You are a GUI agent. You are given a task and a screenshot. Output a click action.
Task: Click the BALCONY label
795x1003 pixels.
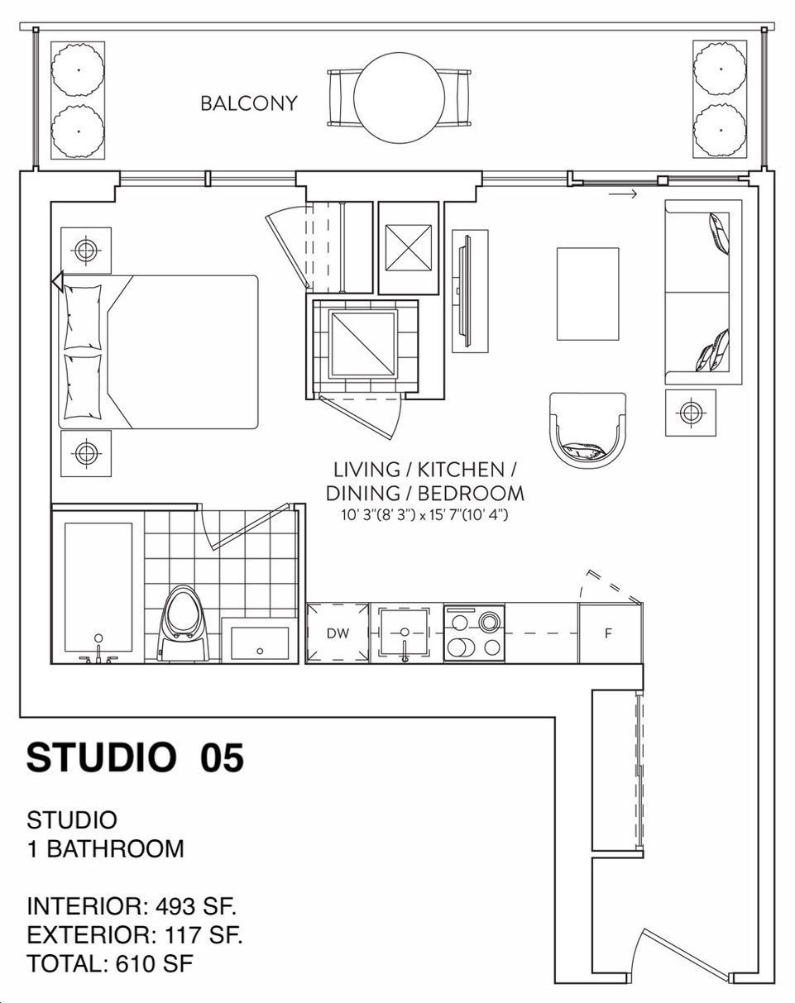click(248, 103)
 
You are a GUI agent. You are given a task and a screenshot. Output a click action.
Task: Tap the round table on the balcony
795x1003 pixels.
click(399, 98)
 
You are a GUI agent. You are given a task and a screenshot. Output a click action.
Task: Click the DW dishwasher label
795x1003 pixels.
click(338, 633)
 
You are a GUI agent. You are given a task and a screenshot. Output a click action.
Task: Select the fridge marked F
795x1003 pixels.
click(611, 633)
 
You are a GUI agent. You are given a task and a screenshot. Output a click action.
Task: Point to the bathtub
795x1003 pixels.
click(98, 587)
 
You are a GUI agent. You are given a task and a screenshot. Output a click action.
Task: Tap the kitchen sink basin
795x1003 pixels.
click(405, 633)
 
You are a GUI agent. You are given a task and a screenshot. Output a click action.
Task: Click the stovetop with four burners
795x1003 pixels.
click(474, 633)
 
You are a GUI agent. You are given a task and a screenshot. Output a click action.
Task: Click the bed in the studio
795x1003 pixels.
click(158, 352)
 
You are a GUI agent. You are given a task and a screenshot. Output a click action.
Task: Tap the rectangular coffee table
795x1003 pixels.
click(588, 294)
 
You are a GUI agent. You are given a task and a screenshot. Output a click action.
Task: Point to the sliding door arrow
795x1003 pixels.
click(623, 193)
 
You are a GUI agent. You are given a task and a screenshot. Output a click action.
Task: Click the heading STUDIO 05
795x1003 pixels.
click(135, 759)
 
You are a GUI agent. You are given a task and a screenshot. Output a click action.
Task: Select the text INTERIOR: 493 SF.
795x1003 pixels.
click(132, 906)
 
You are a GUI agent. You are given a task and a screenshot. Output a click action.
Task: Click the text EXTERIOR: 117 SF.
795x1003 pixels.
click(135, 935)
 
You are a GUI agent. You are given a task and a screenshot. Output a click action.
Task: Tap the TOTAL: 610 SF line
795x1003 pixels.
click(110, 963)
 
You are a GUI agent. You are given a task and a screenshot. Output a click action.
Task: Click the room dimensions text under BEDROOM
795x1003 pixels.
click(424, 515)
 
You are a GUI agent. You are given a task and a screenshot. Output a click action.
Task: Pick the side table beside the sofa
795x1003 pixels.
click(691, 413)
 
